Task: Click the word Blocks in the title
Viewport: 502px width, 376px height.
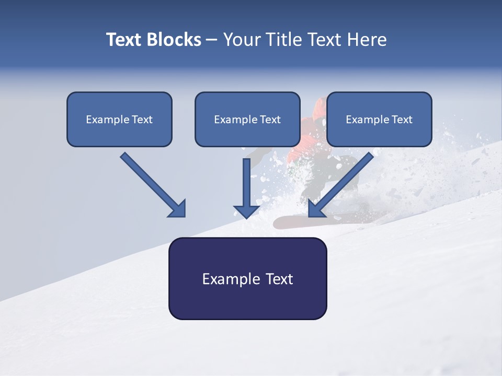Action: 173,40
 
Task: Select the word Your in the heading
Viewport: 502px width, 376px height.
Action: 242,40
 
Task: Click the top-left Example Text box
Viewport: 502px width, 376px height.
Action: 119,119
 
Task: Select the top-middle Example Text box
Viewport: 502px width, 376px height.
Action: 247,119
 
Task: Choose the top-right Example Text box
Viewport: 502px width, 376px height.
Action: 379,119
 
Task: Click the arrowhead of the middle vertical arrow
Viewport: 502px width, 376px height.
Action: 246,211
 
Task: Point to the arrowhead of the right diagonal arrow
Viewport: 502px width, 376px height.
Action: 315,209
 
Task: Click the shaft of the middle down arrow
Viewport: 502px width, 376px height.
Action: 246,180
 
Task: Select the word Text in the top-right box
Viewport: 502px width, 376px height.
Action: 402,120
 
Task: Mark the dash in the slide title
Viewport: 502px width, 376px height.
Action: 211,40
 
